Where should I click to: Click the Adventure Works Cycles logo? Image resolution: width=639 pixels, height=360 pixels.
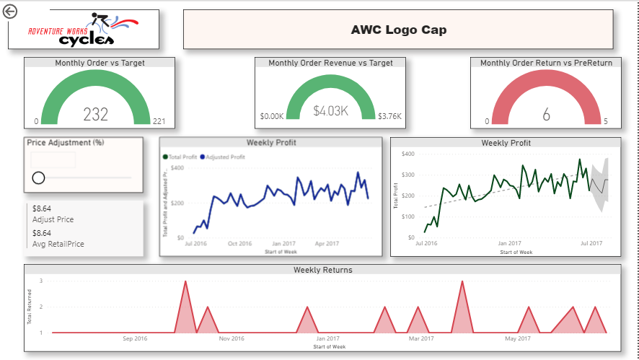[x=83, y=30]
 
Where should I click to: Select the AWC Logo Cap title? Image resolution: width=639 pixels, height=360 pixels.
[x=398, y=30]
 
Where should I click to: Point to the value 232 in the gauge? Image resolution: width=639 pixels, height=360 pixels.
[x=95, y=114]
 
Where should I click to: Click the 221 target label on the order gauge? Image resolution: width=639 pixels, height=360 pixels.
[x=159, y=121]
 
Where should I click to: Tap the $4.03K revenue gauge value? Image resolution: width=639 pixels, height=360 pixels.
[x=331, y=111]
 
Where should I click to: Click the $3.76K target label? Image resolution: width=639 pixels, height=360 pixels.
[x=389, y=115]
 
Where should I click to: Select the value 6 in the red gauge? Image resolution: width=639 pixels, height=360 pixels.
[x=546, y=114]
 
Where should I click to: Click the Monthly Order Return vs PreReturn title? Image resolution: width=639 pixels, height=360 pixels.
[x=546, y=63]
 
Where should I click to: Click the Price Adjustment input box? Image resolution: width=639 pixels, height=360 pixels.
[x=53, y=160]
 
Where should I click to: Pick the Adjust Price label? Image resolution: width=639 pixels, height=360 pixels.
[x=53, y=219]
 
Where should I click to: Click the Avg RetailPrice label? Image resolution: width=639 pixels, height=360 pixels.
[x=58, y=244]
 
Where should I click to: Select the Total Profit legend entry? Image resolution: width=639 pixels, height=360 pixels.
[x=182, y=157]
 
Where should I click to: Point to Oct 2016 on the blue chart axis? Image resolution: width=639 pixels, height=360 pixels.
[x=239, y=244]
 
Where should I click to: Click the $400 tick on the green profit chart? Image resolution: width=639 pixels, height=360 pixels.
[x=408, y=154]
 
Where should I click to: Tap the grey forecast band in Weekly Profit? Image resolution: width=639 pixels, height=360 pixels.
[x=600, y=185]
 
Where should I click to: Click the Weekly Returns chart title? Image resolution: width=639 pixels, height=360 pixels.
[x=322, y=270]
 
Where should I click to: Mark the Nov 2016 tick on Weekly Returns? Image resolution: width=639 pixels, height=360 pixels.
[x=232, y=338]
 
